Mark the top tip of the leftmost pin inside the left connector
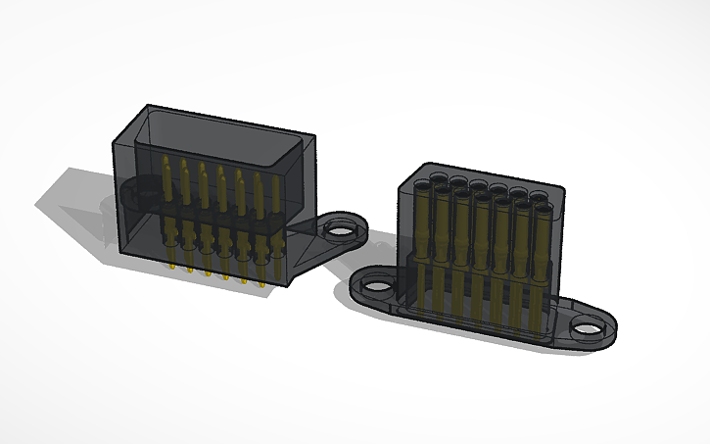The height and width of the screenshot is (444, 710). point(166,158)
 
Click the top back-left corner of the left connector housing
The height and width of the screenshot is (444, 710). point(148,105)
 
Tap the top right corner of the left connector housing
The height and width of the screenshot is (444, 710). point(315,137)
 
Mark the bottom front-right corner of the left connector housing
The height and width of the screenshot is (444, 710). point(291,283)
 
